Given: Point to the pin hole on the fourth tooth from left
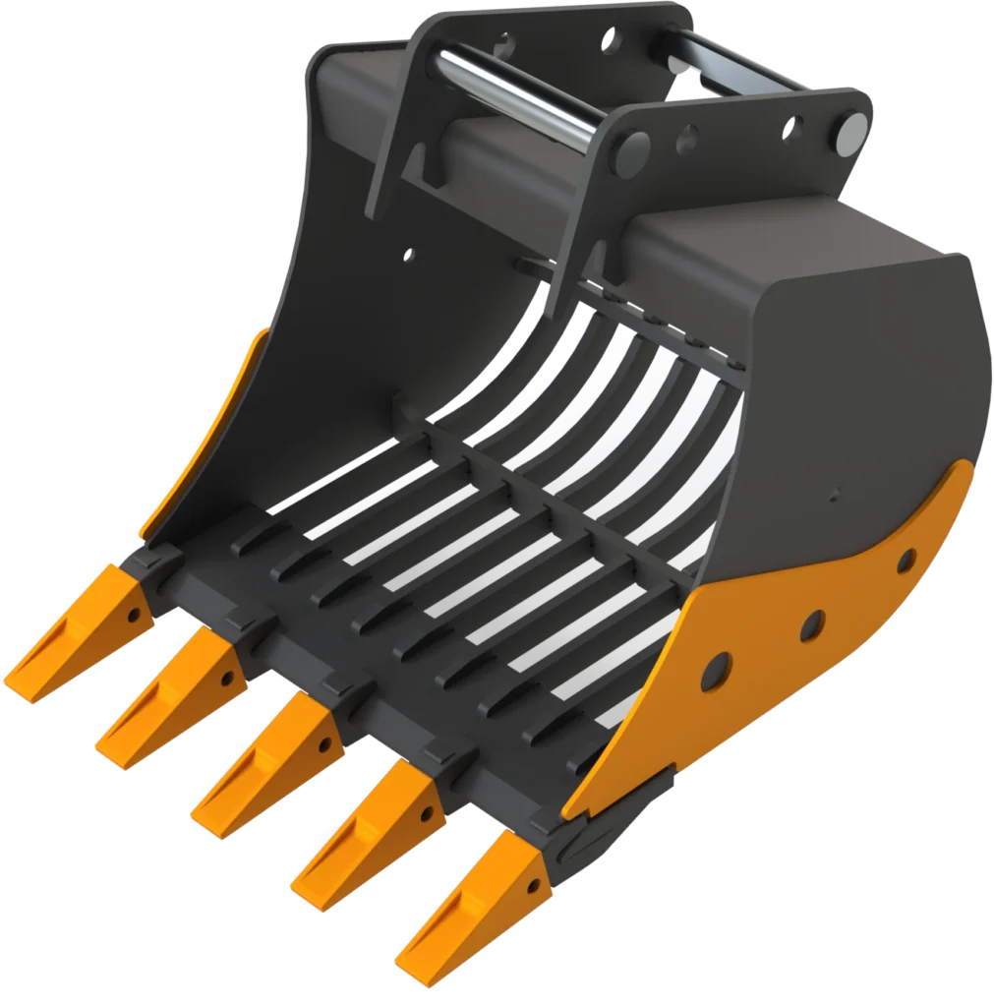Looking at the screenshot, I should coord(427,815).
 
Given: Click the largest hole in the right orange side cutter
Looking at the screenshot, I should coord(715,672).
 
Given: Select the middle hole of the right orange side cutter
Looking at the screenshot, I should coord(812,624).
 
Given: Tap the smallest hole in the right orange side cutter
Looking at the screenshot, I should coord(906,562).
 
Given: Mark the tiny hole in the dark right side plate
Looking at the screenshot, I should coord(835,494).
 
